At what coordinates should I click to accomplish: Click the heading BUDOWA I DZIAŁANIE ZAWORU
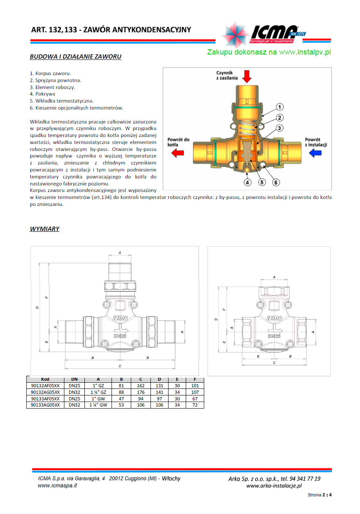[x=75, y=57]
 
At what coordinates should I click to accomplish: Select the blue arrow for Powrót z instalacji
[x=315, y=153]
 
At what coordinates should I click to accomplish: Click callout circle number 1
[x=279, y=107]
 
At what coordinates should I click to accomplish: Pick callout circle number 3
[x=279, y=128]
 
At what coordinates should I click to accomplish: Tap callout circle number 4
[x=248, y=183]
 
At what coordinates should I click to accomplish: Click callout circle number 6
[x=276, y=183]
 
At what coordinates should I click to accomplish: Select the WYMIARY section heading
[x=44, y=229]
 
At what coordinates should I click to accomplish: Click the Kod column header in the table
[x=45, y=379]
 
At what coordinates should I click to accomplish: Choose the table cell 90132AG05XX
[x=45, y=392]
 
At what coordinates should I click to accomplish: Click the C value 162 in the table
[x=141, y=386]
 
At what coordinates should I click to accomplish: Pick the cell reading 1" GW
[x=98, y=399]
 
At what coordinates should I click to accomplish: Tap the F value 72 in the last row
[x=195, y=405]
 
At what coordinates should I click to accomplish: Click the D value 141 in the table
[x=159, y=392]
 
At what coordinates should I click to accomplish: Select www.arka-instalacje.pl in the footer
[x=274, y=486]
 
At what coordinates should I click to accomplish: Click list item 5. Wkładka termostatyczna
[x=62, y=101]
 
